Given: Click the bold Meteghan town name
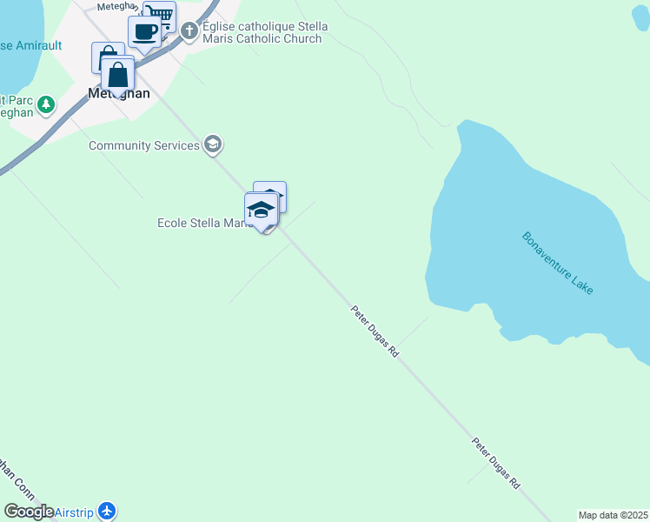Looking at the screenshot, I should tap(119, 93).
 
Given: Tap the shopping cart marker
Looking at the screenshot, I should tap(159, 15).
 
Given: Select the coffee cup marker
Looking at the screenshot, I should tap(144, 32).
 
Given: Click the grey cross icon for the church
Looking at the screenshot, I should tap(190, 32).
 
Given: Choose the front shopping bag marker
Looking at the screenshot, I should tap(118, 74).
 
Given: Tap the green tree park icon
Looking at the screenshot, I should tap(46, 105).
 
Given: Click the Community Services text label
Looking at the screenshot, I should tap(143, 145).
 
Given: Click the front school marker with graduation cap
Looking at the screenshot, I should tap(261, 210).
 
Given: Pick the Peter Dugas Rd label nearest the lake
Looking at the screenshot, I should tap(375, 331).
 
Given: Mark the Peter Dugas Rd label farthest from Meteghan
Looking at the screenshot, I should tap(496, 463).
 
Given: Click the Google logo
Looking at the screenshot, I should tap(29, 512).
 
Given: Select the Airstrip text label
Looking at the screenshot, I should tap(75, 512).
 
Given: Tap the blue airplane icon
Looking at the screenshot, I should tap(107, 511).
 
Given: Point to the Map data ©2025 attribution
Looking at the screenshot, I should tap(614, 515).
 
